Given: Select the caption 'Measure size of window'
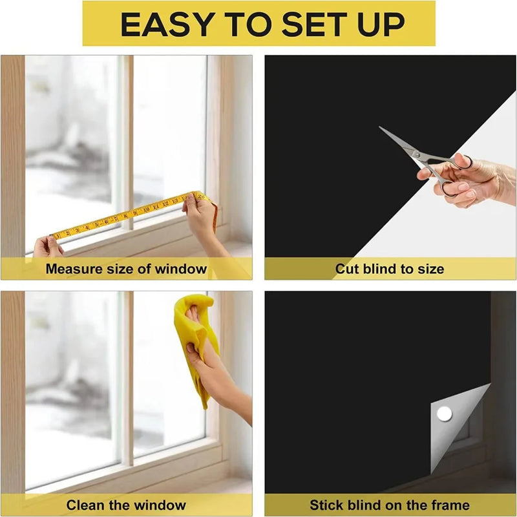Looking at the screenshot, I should [126, 269].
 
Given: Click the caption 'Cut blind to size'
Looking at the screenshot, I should [389, 269].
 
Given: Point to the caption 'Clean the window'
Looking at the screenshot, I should [126, 505].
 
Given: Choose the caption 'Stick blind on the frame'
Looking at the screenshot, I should [389, 505].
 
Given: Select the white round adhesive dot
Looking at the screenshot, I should [444, 413].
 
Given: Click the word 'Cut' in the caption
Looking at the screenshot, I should [347, 269].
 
